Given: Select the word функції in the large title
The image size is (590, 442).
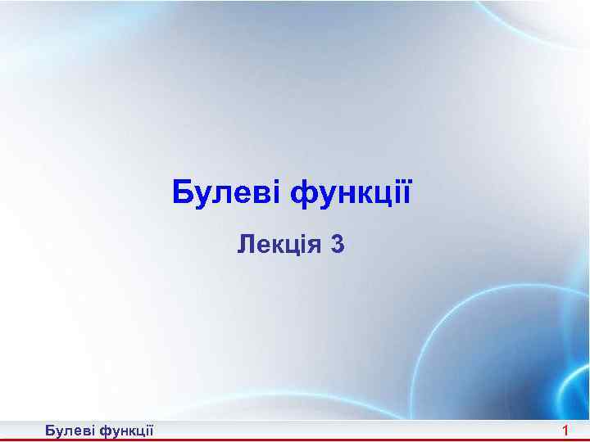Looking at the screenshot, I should (350, 195).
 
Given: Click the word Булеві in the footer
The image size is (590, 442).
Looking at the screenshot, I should (69, 431).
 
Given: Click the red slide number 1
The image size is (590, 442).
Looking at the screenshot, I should (565, 431).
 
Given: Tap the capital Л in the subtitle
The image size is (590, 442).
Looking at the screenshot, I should (245, 243).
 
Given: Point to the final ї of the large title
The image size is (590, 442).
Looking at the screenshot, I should (404, 193).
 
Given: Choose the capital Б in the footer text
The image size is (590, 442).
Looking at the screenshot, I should (50, 431).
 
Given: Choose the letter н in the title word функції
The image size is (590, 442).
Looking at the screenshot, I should (343, 196).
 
